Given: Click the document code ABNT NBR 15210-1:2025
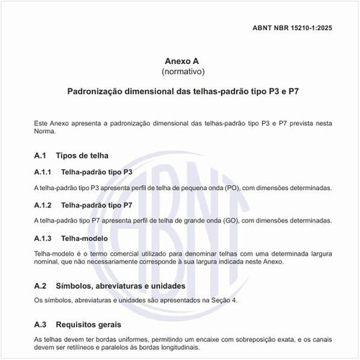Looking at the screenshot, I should click(302, 27).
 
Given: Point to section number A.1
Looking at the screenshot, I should click(41, 156).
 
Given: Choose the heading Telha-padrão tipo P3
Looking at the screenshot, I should click(97, 172).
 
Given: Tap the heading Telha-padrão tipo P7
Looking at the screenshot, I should click(97, 204).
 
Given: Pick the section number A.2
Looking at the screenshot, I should click(41, 286).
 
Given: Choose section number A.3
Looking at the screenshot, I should click(41, 324).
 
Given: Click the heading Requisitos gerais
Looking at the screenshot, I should click(96, 324).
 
